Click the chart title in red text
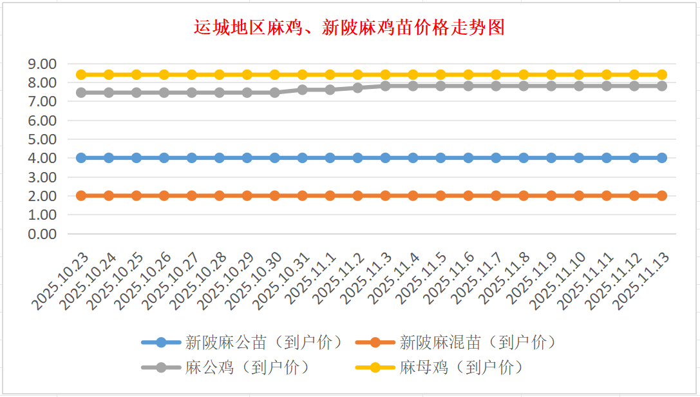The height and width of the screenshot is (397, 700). [349, 28]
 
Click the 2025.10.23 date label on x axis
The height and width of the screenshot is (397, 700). [62, 280]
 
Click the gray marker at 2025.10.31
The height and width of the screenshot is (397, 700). [303, 90]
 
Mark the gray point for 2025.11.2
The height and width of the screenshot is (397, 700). [358, 88]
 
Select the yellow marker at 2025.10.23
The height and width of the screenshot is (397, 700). [81, 75]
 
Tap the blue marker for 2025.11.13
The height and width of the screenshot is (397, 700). [662, 158]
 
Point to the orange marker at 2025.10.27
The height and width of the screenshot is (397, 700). [192, 195]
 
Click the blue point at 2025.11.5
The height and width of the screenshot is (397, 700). [441, 158]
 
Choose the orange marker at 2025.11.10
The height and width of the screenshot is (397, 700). [579, 195]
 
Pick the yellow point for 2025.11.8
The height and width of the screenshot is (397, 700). [524, 75]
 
